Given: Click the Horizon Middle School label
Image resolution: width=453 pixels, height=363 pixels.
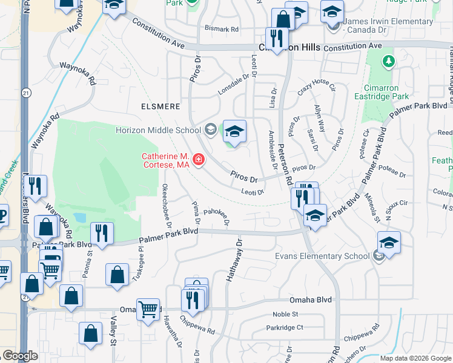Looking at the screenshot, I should [158, 130].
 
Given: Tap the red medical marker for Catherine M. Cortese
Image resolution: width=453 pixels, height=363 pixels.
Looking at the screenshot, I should [198, 160].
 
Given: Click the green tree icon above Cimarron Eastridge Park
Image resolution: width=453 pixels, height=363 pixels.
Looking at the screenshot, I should [388, 61].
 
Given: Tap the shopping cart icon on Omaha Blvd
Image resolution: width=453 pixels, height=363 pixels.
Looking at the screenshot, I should [148, 310].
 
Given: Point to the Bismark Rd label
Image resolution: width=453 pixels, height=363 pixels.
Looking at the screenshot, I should [222, 28].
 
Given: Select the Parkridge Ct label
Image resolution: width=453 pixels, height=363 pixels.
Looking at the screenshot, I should [284, 328].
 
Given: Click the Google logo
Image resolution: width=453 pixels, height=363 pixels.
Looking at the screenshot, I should [20, 356].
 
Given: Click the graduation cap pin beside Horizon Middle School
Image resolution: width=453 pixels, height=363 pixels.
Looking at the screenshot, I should [234, 131].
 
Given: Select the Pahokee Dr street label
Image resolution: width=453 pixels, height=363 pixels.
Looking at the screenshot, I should [216, 215].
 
